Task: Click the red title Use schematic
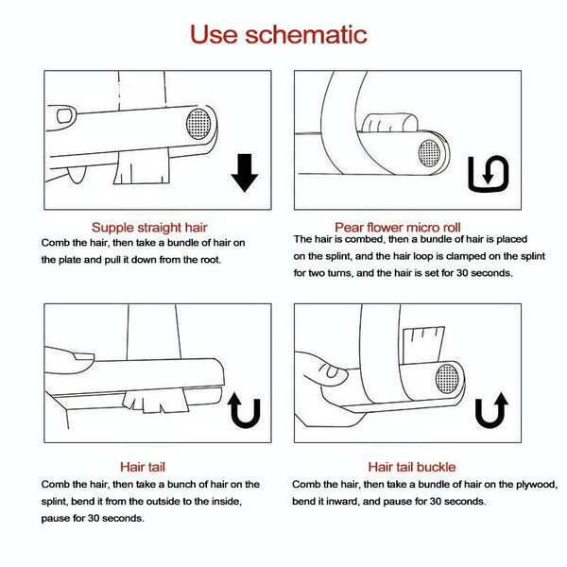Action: pyautogui.click(x=279, y=35)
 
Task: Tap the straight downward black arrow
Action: pyautogui.click(x=245, y=173)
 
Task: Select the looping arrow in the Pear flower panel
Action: pyautogui.click(x=489, y=174)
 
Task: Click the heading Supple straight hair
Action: pyautogui.click(x=149, y=228)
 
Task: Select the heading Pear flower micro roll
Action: pyautogui.click(x=398, y=228)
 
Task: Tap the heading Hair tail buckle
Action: pyautogui.click(x=412, y=467)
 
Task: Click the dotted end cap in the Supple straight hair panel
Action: pyautogui.click(x=198, y=124)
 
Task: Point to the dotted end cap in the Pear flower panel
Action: pyautogui.click(x=430, y=153)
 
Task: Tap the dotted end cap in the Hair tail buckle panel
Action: pyautogui.click(x=447, y=379)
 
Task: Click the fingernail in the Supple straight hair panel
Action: pyautogui.click(x=64, y=115)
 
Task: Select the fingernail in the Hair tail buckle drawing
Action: pyautogui.click(x=332, y=370)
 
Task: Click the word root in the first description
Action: pyautogui.click(x=210, y=260)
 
